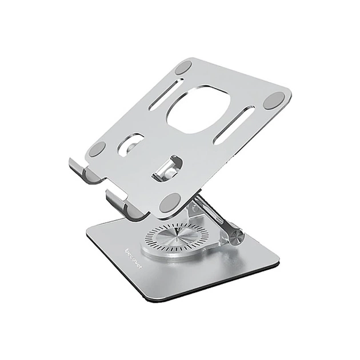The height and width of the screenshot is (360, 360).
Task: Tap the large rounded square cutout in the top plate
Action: click(198, 109)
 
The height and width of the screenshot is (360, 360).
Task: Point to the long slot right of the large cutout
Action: click(234, 124)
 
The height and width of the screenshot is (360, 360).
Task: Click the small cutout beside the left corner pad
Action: click(130, 144)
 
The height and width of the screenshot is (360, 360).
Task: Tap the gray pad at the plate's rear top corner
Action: click(183, 67)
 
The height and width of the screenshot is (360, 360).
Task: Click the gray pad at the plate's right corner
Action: click(273, 101)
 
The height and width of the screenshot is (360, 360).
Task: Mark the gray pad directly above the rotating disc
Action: click(170, 202)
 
